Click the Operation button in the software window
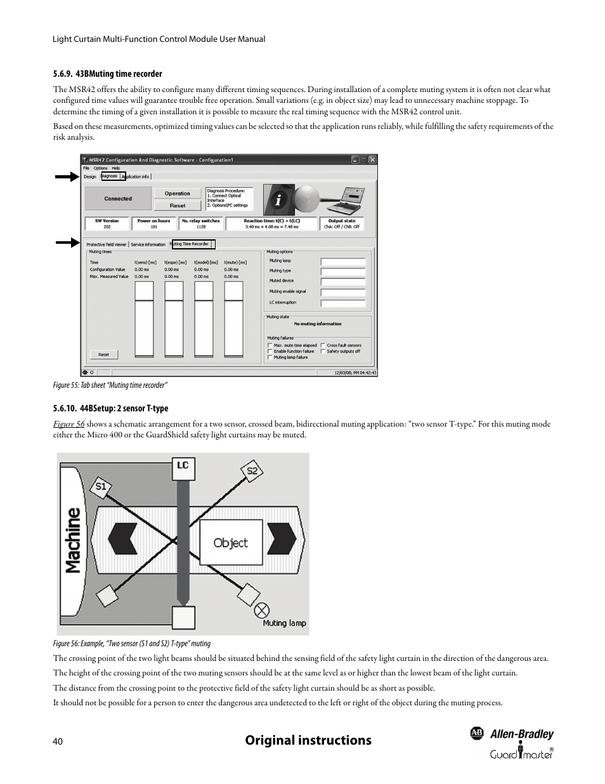(x=178, y=194)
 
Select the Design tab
(x=90, y=176)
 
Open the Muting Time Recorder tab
(x=191, y=244)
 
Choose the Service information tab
(x=148, y=244)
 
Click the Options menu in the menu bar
(x=100, y=168)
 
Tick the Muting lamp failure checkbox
(x=270, y=357)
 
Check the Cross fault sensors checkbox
(x=323, y=345)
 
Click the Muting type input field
(x=342, y=271)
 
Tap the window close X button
(x=372, y=160)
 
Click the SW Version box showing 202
(x=107, y=223)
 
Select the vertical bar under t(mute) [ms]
(x=233, y=319)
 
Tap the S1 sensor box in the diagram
(x=100, y=488)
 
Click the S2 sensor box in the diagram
(x=252, y=471)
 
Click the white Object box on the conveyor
(x=230, y=543)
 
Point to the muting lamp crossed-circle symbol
(x=261, y=611)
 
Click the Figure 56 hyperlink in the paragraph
(x=68, y=424)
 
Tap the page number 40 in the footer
(x=58, y=741)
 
